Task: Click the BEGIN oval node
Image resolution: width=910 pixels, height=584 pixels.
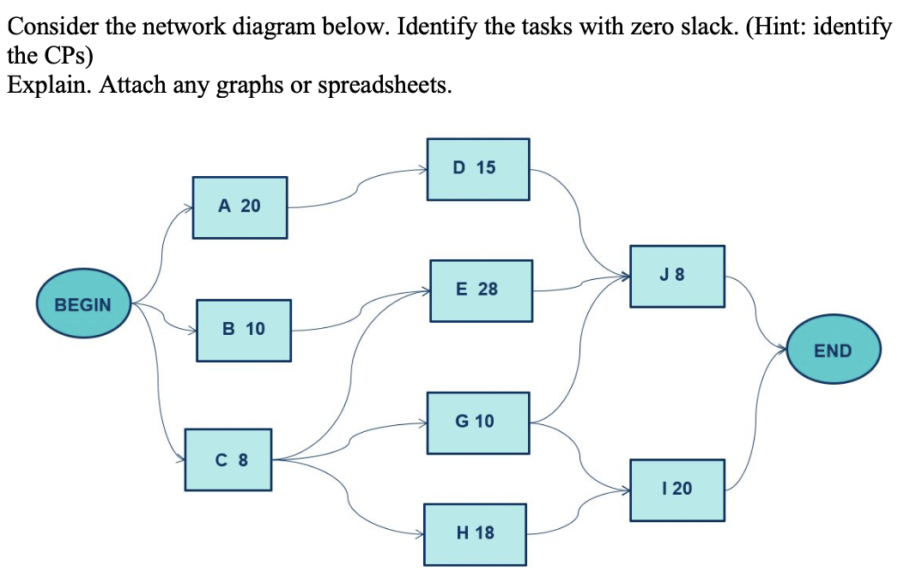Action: pos(83,304)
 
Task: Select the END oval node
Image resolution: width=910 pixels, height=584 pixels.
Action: pos(833,350)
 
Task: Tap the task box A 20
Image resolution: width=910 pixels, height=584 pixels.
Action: pos(240,207)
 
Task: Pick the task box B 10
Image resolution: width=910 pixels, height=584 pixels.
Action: pos(244,330)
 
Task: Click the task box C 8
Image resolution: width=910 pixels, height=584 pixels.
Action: pos(228,459)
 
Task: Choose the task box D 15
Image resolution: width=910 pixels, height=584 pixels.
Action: pos(477,168)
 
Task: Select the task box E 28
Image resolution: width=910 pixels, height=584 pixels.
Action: pos(480,290)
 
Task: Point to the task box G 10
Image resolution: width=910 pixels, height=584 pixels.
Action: pos(477,422)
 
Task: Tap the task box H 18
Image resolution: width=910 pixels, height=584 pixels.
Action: pos(475,533)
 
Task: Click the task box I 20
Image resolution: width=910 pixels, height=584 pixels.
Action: pos(676,490)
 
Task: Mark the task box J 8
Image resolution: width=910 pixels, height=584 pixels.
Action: pos(676,277)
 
